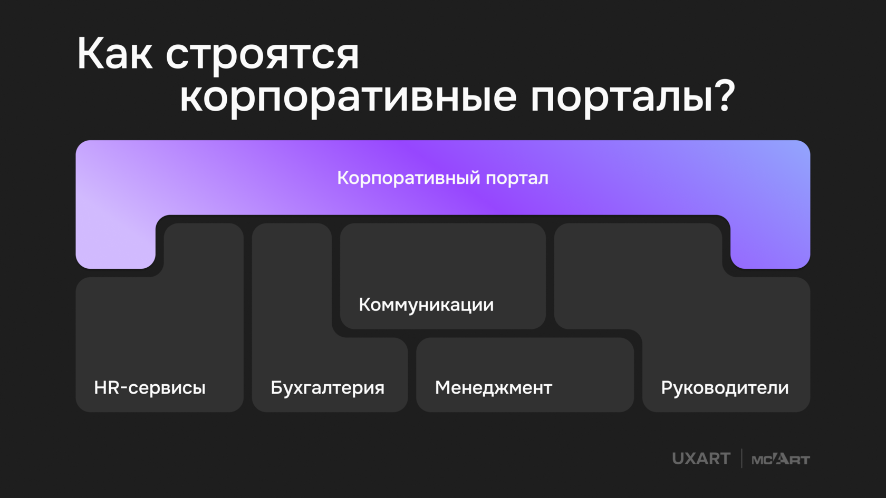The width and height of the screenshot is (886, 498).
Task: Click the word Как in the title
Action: [x=114, y=54]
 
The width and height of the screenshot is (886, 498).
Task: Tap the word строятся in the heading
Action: [x=262, y=55]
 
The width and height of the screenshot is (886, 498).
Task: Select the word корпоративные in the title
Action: [x=348, y=97]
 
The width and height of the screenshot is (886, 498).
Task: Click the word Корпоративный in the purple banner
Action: [x=409, y=178]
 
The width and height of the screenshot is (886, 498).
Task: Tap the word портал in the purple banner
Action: [x=517, y=179]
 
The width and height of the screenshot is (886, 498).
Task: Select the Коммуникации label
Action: [x=426, y=305]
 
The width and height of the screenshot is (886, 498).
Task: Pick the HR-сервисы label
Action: [x=150, y=388]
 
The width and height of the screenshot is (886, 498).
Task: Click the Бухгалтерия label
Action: [x=328, y=388]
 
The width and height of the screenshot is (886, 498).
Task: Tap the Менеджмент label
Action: [x=493, y=388]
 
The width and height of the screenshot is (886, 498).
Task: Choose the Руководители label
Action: [x=725, y=388]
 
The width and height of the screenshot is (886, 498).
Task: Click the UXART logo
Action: [x=701, y=459]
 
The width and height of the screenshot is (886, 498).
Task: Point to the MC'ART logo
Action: [x=781, y=460]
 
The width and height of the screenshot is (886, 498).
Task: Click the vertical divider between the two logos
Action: [x=741, y=458]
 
